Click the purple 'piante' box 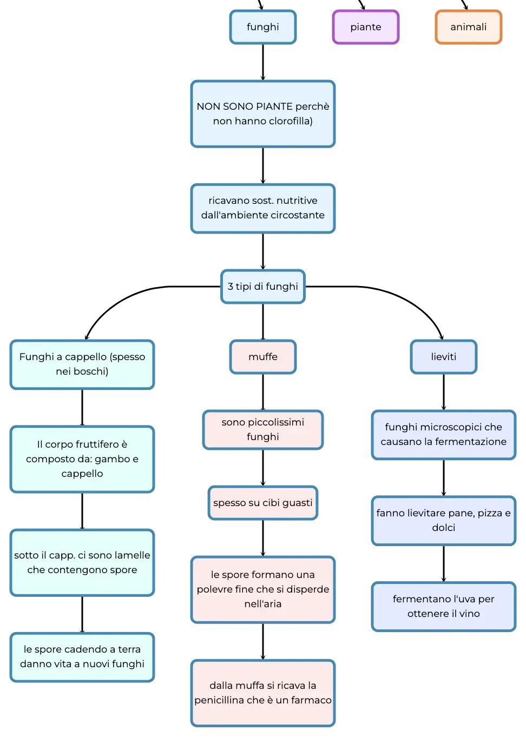(x=366, y=27)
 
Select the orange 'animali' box (x=468, y=27)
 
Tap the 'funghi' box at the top (x=263, y=27)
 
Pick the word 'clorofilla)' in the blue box (x=290, y=121)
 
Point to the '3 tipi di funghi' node (x=263, y=287)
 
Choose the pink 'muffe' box (x=263, y=357)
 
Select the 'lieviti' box (x=444, y=357)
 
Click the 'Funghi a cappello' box (x=82, y=364)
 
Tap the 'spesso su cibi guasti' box (x=263, y=503)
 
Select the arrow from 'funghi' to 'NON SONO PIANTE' (x=263, y=62)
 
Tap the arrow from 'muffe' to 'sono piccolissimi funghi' (x=263, y=392)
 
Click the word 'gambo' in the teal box (x=113, y=459)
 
